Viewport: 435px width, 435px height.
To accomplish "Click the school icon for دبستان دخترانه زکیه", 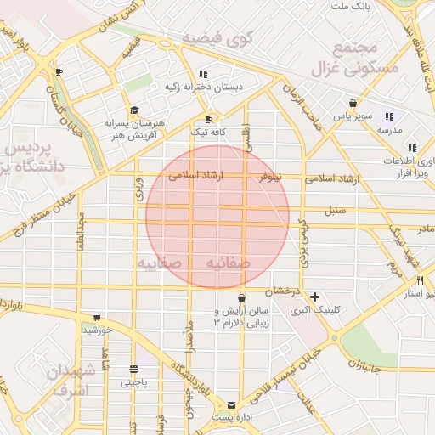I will point(202,74).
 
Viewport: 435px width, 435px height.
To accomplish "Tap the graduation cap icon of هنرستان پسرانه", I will point(133,110).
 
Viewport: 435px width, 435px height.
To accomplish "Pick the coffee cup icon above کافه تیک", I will point(209,119).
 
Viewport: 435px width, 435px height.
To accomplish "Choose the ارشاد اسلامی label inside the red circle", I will point(195,176).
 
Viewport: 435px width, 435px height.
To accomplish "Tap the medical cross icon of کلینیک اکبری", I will point(315,297).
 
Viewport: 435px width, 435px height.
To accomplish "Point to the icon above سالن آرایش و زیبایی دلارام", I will point(243,297).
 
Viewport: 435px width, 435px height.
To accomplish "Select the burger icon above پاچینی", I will point(133,369).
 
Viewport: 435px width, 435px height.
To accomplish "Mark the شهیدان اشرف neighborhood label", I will point(71,381).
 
